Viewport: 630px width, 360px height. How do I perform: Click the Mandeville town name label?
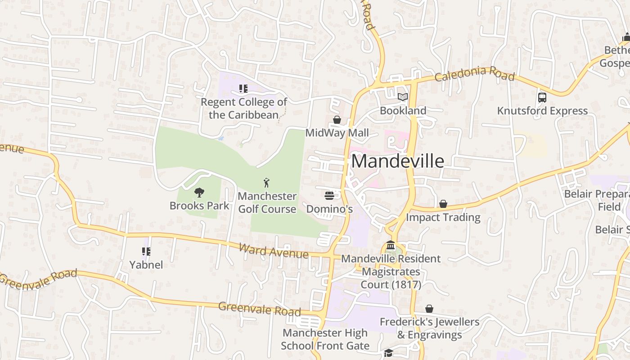point(397,161)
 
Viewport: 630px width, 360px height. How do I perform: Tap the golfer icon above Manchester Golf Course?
point(266,183)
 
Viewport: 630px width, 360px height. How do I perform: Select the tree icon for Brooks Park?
point(199,193)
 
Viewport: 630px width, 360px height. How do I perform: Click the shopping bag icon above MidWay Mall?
point(337,120)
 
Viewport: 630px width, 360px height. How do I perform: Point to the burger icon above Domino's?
point(329,196)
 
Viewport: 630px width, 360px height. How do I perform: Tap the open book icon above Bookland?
point(402,97)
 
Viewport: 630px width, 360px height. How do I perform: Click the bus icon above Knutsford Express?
point(542,98)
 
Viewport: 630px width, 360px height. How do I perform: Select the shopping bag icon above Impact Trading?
point(443,204)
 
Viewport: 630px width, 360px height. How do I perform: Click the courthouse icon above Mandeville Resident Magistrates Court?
point(391,245)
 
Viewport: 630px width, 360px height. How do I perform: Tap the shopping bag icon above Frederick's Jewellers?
point(429,309)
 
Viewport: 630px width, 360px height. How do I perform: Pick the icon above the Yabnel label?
point(146,252)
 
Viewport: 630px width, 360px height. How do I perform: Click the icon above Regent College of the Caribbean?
point(243,89)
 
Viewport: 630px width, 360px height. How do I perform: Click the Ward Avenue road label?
point(274,251)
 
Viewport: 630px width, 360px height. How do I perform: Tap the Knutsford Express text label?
point(542,111)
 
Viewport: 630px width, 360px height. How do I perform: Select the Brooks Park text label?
point(199,206)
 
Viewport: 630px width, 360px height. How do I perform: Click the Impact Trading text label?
point(443,217)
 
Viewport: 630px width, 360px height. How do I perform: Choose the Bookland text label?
point(403,110)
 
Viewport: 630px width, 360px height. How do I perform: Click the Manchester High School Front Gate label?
point(325,339)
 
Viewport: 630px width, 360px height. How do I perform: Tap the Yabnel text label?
point(146,265)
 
